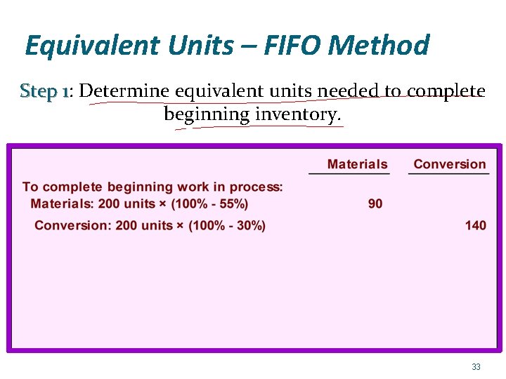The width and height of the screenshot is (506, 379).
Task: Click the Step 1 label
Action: [x=44, y=91]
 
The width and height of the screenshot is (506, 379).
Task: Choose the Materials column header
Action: [x=357, y=164]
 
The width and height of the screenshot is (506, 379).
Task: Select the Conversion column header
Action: [x=450, y=164]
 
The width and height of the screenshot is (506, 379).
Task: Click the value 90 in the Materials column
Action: [x=375, y=204]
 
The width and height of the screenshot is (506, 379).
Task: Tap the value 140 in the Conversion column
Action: [x=475, y=225]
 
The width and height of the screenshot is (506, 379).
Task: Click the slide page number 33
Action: [x=476, y=367]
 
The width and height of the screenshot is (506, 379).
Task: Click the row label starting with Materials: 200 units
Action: [x=139, y=204]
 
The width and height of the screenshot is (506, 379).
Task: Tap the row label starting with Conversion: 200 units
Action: [x=150, y=225]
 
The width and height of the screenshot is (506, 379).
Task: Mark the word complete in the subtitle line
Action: [x=446, y=91]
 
